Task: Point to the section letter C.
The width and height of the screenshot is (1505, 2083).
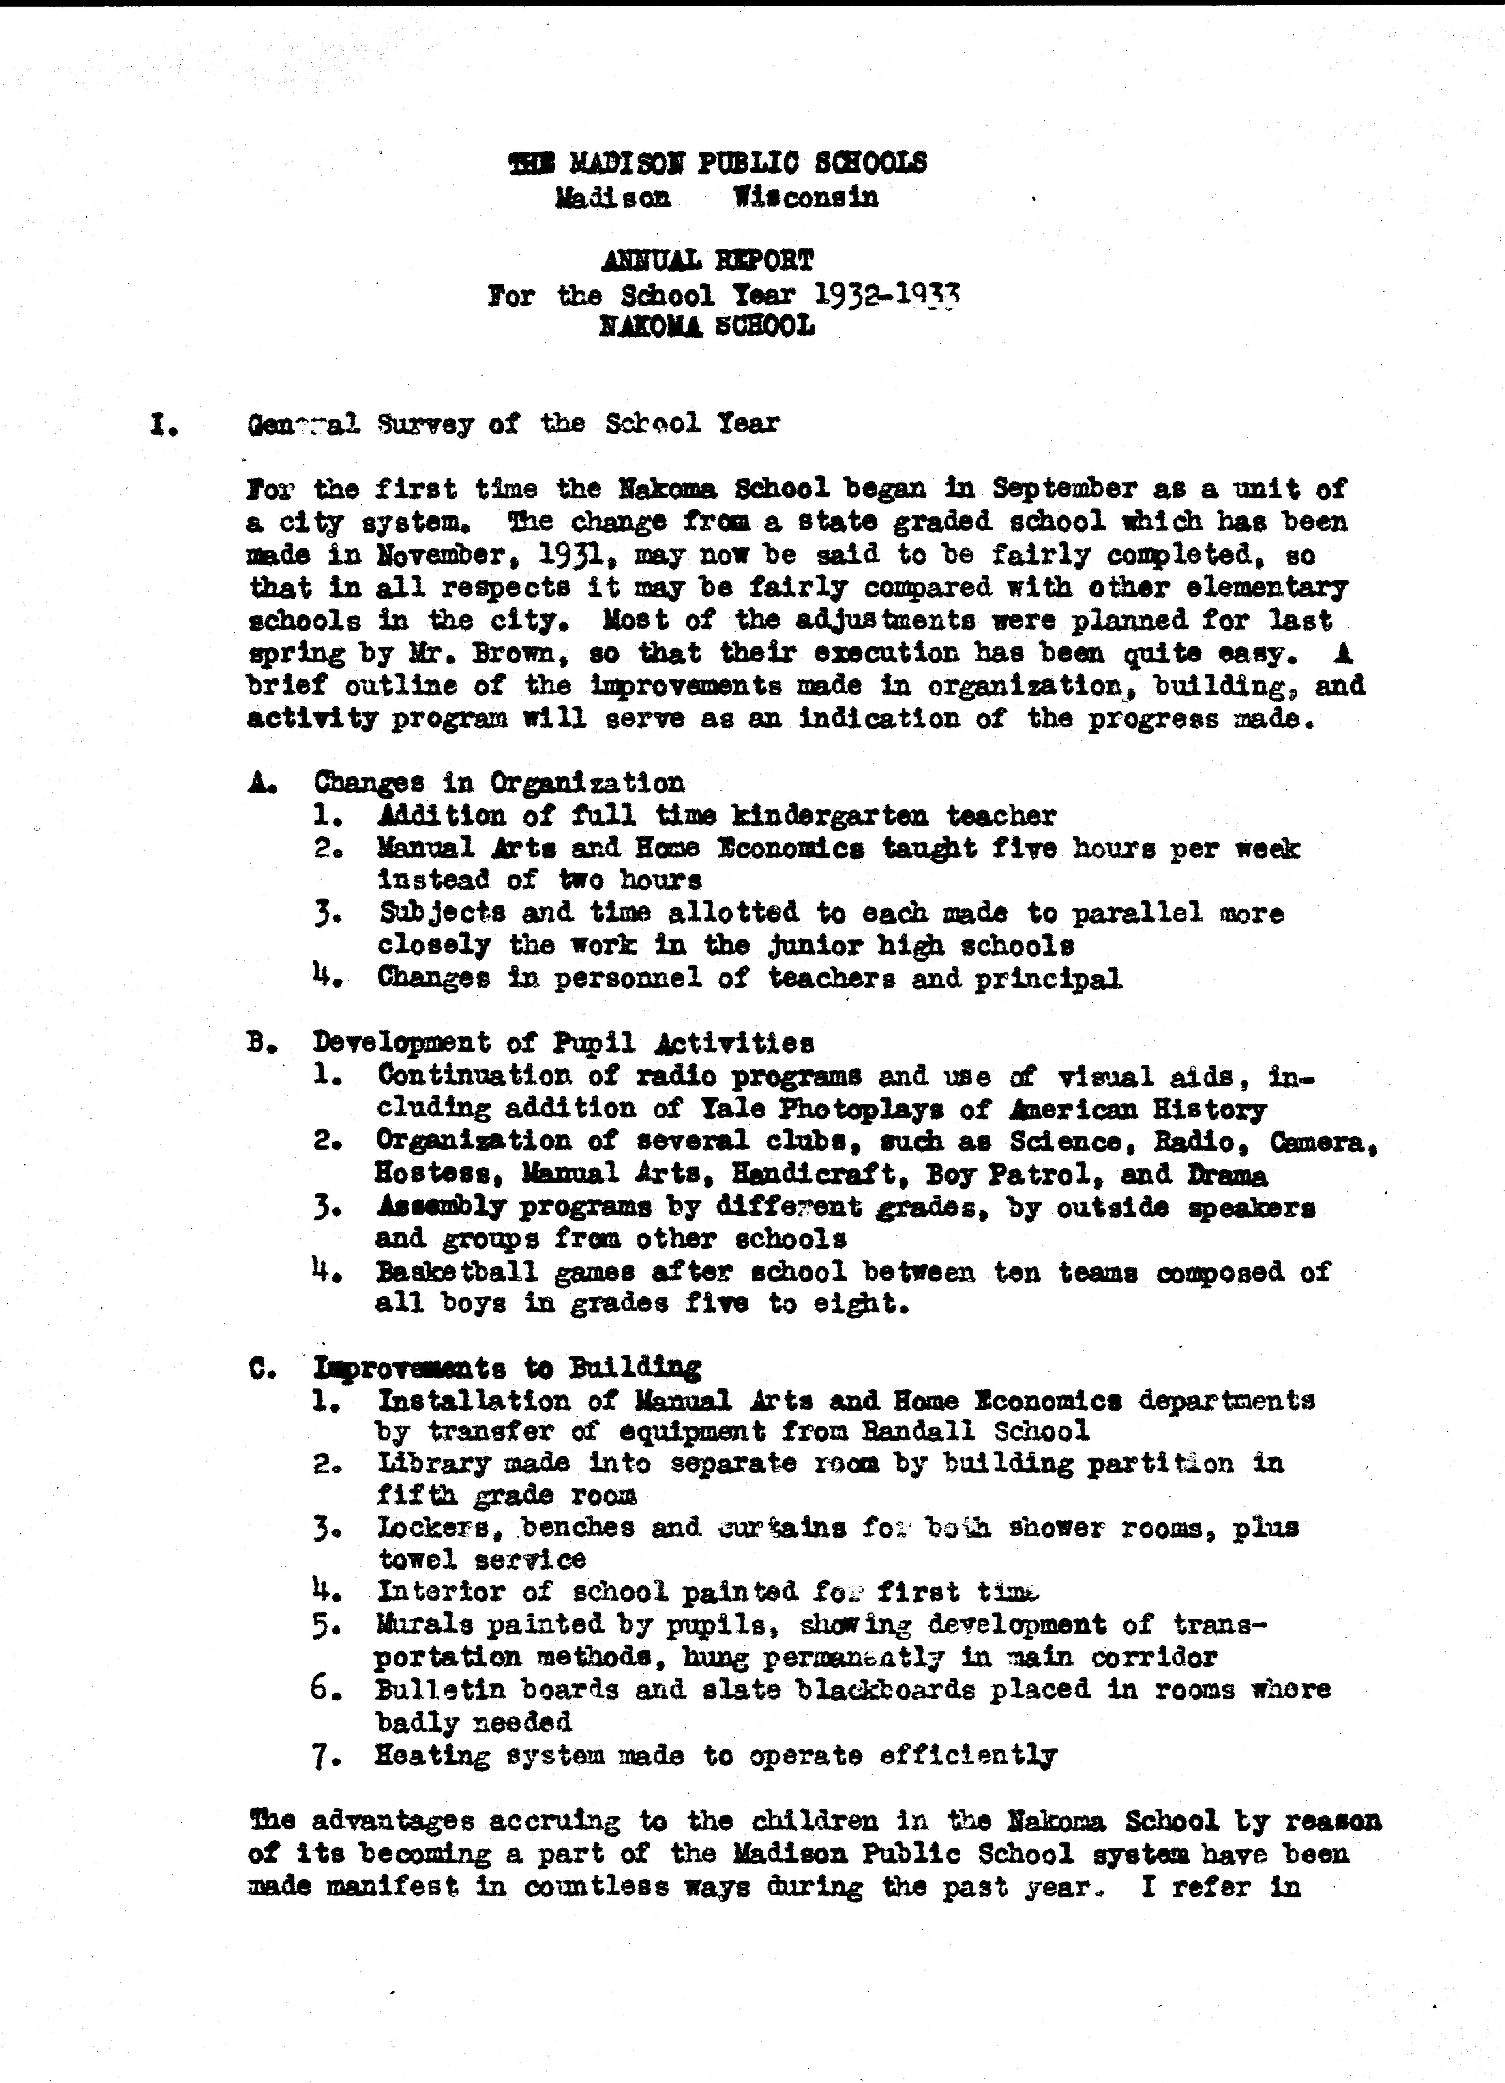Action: [x=258, y=1369]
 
